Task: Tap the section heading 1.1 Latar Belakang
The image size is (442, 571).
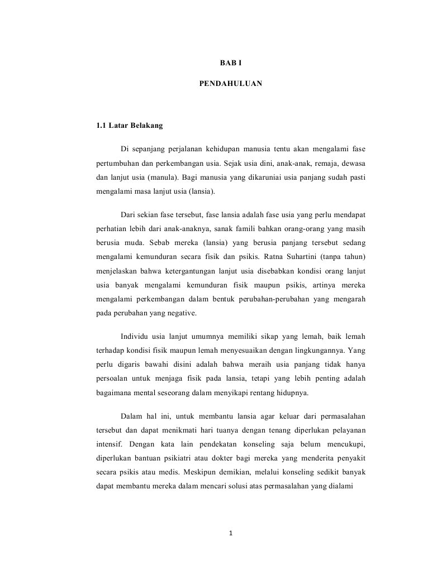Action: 129,126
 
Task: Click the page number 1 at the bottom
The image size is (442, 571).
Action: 231,533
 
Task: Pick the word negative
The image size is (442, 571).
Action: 179,313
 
